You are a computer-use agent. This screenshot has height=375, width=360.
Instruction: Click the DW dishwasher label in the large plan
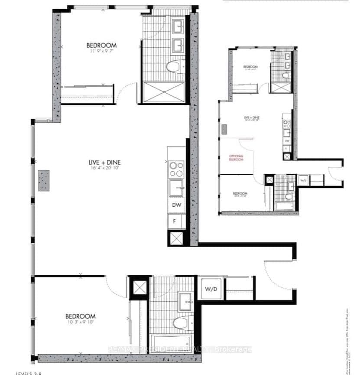click(x=176, y=205)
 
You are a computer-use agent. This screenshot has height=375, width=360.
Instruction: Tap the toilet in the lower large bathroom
click(x=179, y=323)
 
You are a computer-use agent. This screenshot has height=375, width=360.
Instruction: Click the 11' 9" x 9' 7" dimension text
click(x=101, y=51)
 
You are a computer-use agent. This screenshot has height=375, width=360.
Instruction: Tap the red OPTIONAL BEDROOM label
click(x=237, y=157)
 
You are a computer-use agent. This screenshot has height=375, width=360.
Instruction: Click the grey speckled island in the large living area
click(x=44, y=180)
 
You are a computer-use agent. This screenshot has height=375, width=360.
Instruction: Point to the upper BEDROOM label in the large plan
click(x=101, y=45)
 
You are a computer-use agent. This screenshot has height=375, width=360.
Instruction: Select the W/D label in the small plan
click(x=303, y=179)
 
